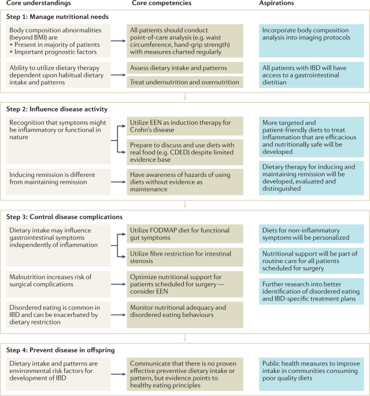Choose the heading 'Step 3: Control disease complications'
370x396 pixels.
pos(67,217)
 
